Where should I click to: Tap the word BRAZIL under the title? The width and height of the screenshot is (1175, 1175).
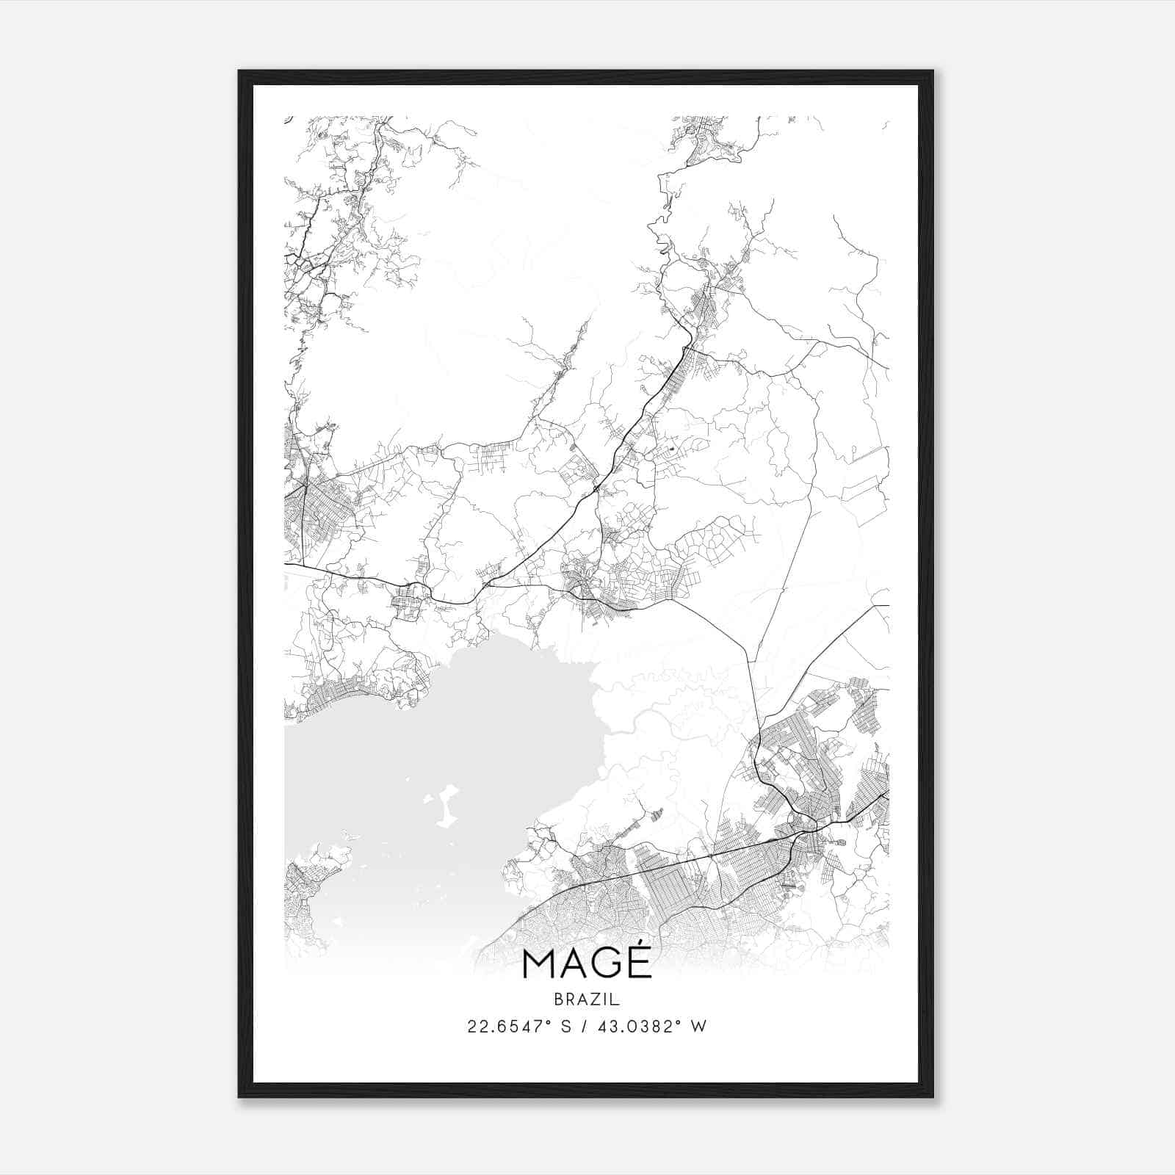click(x=587, y=999)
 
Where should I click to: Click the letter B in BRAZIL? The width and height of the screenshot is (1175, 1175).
click(x=559, y=999)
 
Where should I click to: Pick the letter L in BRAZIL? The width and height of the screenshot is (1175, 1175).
click(x=616, y=999)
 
